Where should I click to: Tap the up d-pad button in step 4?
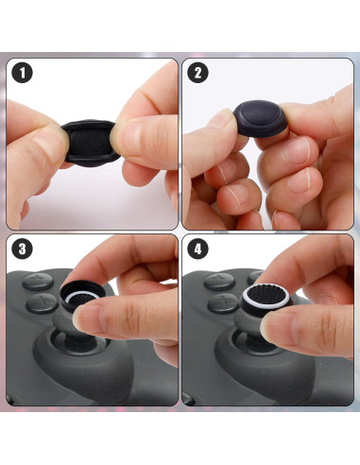(x=215, y=280)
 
